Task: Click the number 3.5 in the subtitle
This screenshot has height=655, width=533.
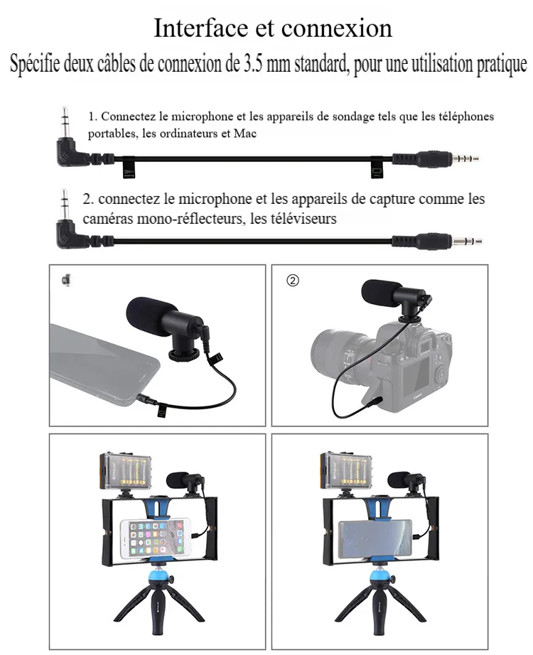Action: click(x=253, y=65)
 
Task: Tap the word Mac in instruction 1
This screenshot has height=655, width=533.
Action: click(x=245, y=134)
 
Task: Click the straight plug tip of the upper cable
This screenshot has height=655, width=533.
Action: click(x=465, y=158)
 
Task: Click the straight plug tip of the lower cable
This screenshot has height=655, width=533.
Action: click(x=467, y=241)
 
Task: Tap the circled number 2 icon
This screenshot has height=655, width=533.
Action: click(x=293, y=281)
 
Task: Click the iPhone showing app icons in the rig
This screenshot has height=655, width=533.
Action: click(x=155, y=539)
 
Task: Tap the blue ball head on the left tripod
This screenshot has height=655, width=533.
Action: click(x=160, y=578)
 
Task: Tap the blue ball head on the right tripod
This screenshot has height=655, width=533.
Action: click(x=381, y=578)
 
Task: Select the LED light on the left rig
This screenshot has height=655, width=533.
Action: click(x=125, y=470)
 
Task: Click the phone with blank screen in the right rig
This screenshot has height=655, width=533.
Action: click(x=375, y=539)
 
